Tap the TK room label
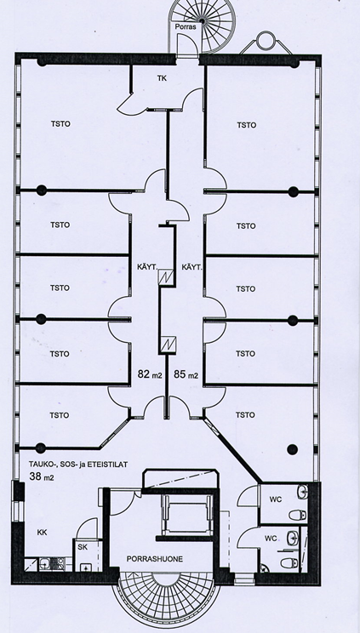(x=162, y=78)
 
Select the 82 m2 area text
(x=150, y=374)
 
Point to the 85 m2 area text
(x=186, y=374)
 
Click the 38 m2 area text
(x=42, y=476)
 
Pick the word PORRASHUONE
(x=155, y=559)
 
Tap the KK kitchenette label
(x=42, y=533)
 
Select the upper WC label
(x=275, y=499)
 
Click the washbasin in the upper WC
(x=303, y=491)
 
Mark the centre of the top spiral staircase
(x=202, y=20)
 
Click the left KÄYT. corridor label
(x=147, y=266)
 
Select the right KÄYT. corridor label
(x=191, y=266)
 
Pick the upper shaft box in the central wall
(x=167, y=277)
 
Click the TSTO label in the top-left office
(x=60, y=124)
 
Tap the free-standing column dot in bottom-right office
(x=293, y=448)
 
